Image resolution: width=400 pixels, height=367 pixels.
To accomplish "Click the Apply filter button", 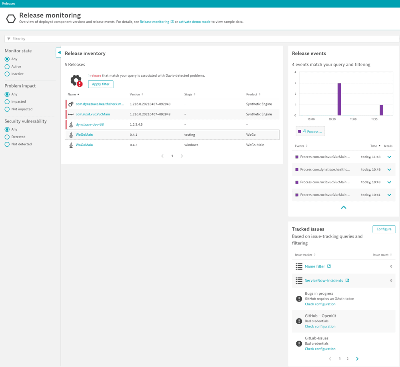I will tap(101, 84).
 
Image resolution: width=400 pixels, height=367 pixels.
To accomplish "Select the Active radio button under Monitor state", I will tap(7, 67).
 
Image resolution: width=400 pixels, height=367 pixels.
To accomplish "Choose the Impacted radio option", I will tap(7, 102).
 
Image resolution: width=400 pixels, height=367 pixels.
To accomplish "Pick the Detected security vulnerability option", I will tap(7, 137).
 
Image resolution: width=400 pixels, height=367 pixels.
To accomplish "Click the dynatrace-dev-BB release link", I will tap(90, 125).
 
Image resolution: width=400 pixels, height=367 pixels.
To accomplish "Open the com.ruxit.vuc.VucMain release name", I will tap(92, 114).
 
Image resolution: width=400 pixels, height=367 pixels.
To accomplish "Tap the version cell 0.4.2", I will tap(134, 145).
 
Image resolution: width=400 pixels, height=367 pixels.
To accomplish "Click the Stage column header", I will tap(188, 95).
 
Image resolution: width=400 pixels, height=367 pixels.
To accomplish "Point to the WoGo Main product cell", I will tap(255, 145).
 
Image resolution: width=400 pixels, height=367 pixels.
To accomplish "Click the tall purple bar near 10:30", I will tap(339, 99).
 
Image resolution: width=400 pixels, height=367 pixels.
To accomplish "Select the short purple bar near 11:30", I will tap(381, 110).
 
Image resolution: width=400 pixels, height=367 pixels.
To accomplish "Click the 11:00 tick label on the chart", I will tap(353, 119).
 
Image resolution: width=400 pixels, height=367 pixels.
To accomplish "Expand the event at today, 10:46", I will tap(389, 170).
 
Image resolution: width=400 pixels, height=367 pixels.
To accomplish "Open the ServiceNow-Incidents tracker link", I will tap(324, 280).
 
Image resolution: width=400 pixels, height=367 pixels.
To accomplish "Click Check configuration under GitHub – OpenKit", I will tap(320, 327).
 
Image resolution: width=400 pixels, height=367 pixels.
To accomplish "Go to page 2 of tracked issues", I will tap(348, 359).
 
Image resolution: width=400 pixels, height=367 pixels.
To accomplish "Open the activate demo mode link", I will tap(194, 22).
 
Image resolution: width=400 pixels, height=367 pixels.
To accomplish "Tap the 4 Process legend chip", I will tap(310, 131).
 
